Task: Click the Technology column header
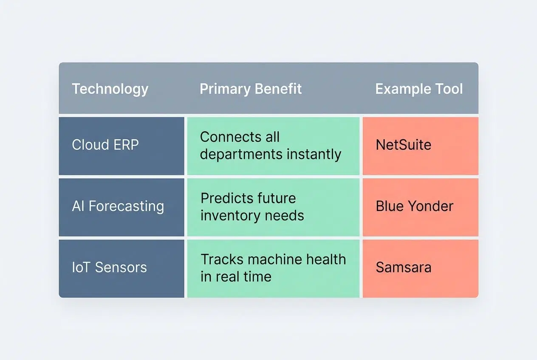tap(110, 89)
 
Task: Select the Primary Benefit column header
tap(251, 89)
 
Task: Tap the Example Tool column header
tap(419, 89)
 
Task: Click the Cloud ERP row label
tap(105, 145)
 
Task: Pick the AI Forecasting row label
tap(118, 206)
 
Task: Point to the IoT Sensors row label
tap(109, 267)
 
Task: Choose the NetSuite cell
tap(404, 145)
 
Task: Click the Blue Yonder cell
tap(415, 206)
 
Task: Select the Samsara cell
tap(404, 267)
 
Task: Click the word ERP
tap(126, 145)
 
